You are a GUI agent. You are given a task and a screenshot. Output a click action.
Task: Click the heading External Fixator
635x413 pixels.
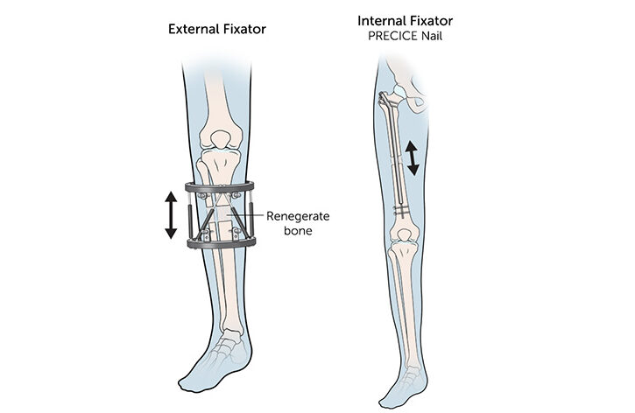click(216, 29)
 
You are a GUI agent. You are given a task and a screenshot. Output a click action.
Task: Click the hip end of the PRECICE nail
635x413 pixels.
click(385, 97)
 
